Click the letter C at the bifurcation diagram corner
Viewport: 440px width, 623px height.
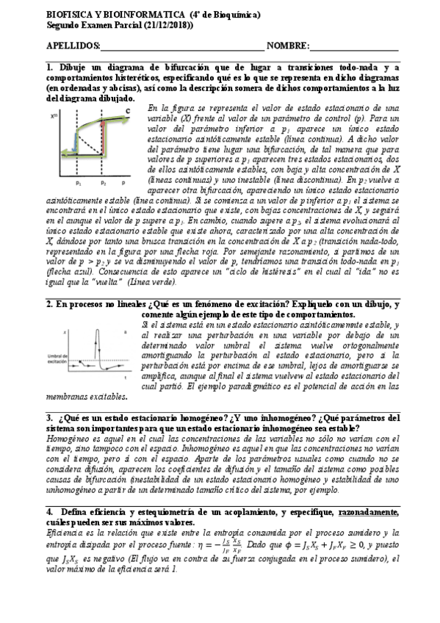127,111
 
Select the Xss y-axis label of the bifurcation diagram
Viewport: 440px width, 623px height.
54,116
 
